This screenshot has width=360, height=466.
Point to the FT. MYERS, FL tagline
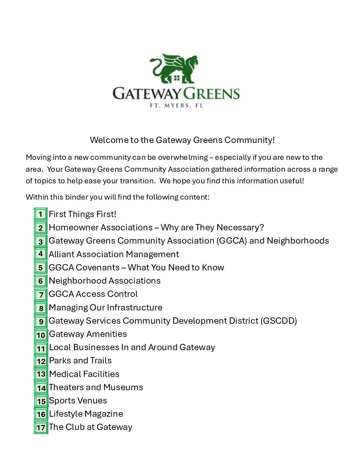click(176, 106)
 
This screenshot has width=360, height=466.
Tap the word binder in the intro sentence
click(77, 197)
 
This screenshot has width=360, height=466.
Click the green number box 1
click(41, 214)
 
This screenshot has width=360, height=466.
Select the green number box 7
click(41, 294)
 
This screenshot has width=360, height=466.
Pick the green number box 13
click(41, 374)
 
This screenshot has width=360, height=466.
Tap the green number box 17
click(41, 427)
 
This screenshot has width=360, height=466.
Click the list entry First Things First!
click(82, 214)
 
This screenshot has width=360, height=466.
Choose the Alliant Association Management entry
click(114, 254)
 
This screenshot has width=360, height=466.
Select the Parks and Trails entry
click(80, 360)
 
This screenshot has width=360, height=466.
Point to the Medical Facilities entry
click(84, 374)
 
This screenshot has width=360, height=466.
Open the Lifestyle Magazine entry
click(86, 414)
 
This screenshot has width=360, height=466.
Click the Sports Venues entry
click(78, 400)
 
